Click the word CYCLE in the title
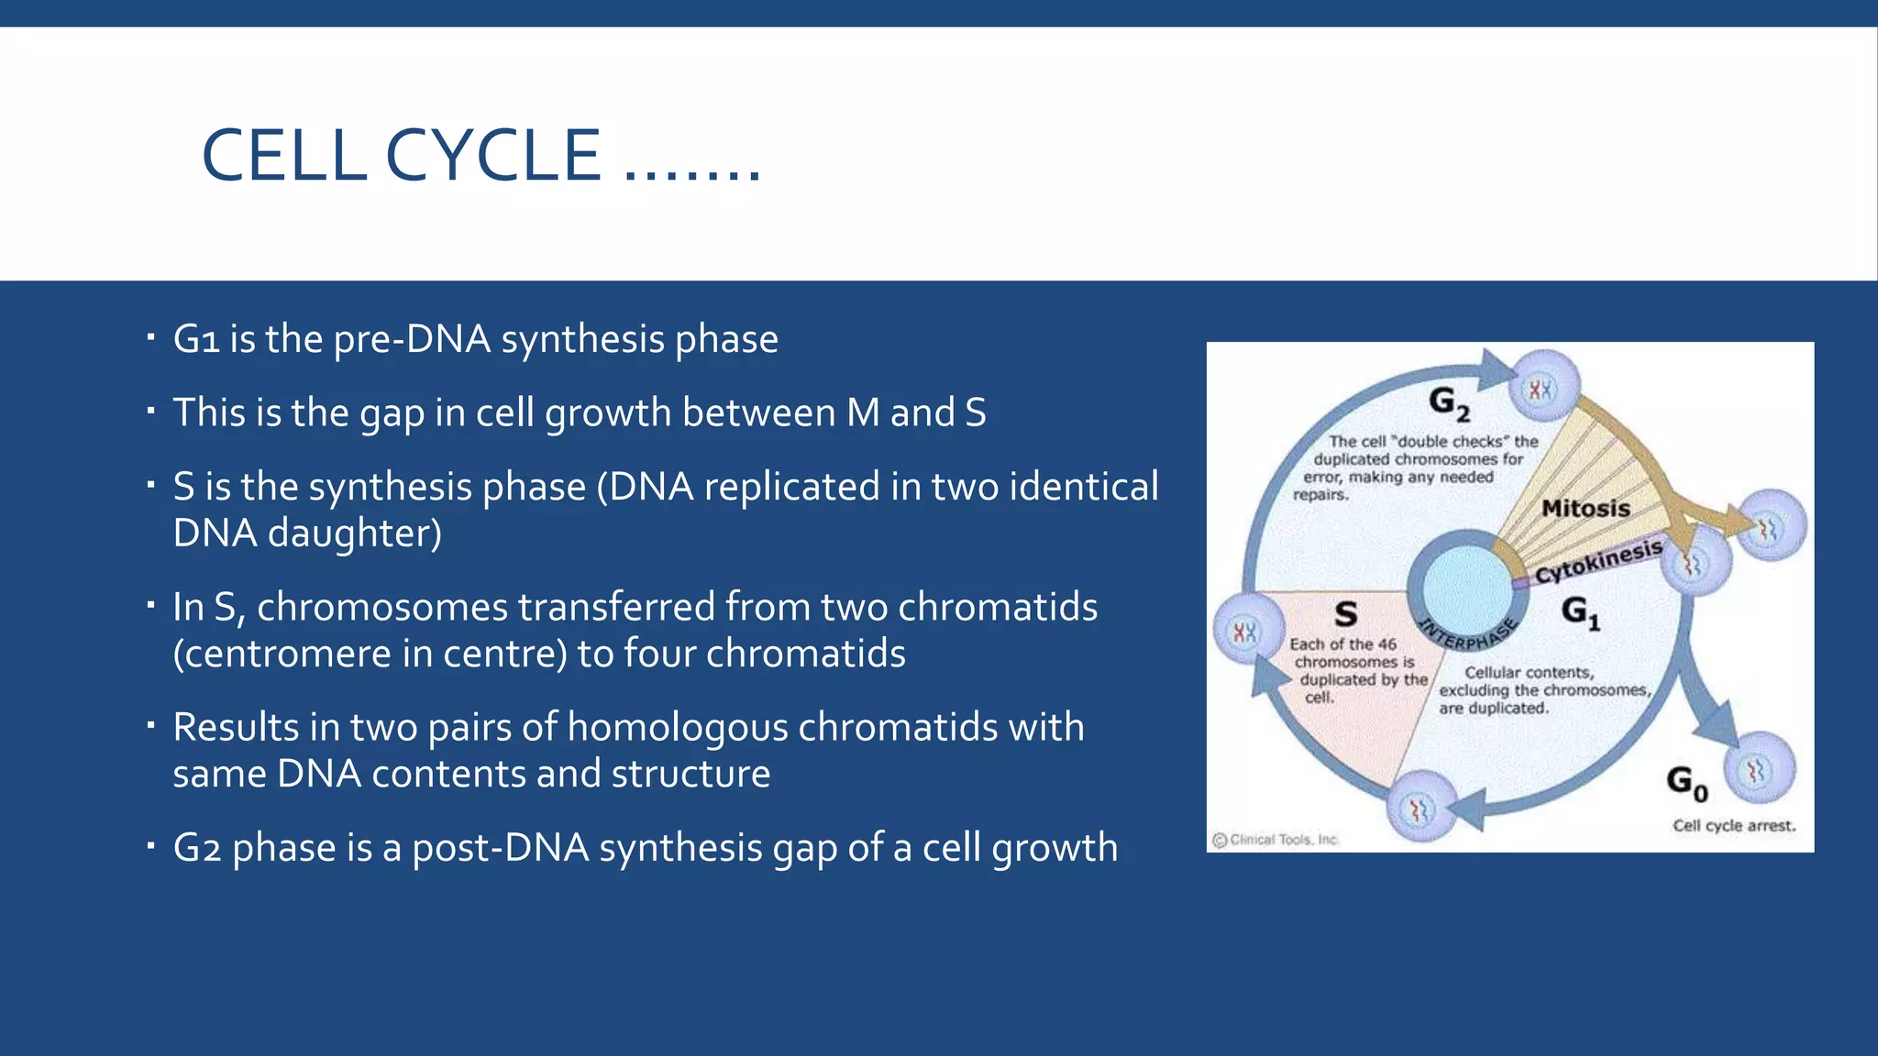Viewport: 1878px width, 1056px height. point(492,156)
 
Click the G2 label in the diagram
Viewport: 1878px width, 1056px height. point(1449,402)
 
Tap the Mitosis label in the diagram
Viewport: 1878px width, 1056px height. point(1585,508)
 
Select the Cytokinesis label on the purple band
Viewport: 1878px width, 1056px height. point(1598,562)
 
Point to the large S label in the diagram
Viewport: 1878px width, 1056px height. point(1345,614)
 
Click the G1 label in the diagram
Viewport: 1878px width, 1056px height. point(1580,611)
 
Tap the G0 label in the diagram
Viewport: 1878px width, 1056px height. point(1686,782)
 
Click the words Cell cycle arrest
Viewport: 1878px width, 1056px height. point(1733,825)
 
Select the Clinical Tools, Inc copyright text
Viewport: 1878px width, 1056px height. point(1276,840)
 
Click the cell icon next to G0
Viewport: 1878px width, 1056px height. point(1758,770)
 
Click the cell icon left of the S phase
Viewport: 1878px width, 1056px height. point(1245,631)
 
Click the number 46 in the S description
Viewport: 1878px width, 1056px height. point(1386,644)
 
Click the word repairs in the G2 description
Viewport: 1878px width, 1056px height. point(1320,495)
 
